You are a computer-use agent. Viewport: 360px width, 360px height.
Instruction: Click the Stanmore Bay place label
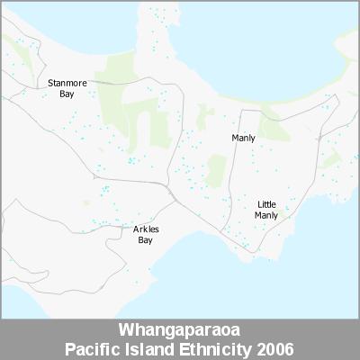pos(67,88)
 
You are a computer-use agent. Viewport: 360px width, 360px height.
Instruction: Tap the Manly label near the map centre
pos(243,138)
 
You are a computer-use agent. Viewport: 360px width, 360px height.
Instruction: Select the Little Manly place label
pos(266,210)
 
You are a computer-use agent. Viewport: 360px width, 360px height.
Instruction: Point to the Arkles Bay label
pos(146,235)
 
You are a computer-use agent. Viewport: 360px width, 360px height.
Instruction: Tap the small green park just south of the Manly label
pos(216,169)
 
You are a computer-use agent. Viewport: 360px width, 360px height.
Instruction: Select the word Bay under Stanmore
pos(67,94)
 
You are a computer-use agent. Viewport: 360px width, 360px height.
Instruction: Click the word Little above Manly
pos(266,204)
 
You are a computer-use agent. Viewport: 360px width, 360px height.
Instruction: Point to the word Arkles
pos(146,229)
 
